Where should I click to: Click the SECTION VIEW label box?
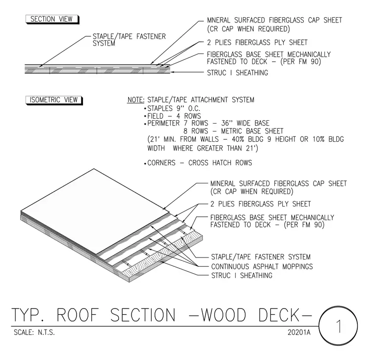(x=52, y=19)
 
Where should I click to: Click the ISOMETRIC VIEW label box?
(x=54, y=100)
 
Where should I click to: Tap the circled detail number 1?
(x=338, y=326)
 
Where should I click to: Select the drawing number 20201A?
(x=299, y=332)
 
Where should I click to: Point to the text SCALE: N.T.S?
(x=34, y=332)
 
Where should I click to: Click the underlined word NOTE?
(x=136, y=100)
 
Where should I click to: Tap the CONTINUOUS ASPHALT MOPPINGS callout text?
(x=262, y=266)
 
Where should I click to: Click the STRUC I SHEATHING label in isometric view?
(x=241, y=275)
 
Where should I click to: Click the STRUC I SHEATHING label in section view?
(x=238, y=73)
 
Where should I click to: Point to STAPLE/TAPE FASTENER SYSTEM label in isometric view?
(x=261, y=257)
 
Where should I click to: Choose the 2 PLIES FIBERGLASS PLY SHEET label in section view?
(x=257, y=43)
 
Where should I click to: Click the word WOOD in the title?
(x=224, y=315)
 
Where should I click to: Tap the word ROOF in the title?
(x=78, y=315)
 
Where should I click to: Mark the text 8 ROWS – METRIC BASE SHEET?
(x=233, y=131)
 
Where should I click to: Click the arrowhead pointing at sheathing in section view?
(x=172, y=72)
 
